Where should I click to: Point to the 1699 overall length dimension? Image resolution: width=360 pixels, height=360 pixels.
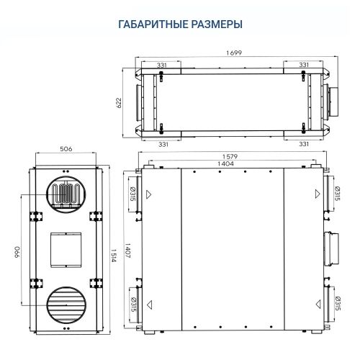[x=233, y=53]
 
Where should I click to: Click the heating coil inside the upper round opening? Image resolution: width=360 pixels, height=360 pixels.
[x=66, y=194]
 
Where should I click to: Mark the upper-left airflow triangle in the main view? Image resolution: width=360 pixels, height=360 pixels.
[x=150, y=194]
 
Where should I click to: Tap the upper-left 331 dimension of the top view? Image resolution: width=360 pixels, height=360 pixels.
[x=163, y=66]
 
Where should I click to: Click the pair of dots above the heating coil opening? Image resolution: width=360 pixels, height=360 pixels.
[x=66, y=173]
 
